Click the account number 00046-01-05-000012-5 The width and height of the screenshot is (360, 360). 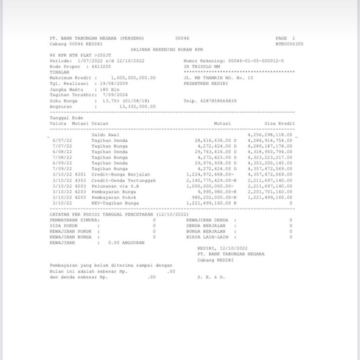(256, 61)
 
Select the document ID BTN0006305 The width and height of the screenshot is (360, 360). (289, 44)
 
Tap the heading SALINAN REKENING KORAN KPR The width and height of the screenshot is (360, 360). (167, 50)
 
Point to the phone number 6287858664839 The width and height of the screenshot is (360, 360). (219, 101)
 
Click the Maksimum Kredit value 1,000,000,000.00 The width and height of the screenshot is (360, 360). (133, 78)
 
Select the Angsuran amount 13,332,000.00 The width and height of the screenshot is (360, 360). (137, 107)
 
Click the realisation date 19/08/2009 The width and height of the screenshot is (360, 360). (114, 84)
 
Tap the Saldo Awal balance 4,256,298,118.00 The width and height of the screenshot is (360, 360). (270, 135)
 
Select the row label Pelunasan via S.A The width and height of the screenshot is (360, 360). (115, 186)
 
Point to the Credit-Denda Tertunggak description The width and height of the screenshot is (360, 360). (124, 180)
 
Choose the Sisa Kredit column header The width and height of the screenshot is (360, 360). (280, 124)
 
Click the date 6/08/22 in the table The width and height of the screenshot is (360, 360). (62, 152)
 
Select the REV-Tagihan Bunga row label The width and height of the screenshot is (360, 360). (115, 203)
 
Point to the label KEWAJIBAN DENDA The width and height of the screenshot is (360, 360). (207, 220)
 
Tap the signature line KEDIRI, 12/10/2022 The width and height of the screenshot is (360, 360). (222, 248)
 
